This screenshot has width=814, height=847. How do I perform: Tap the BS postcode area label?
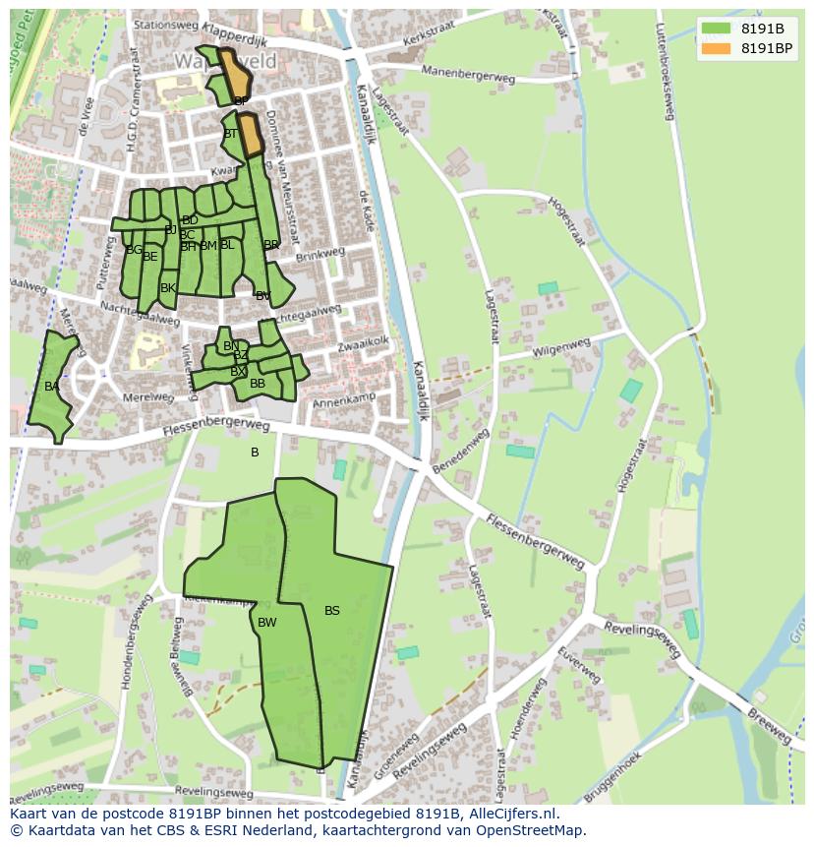tap(332, 611)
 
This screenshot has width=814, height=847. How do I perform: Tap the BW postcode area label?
tap(267, 623)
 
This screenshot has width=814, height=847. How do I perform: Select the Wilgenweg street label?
tap(561, 348)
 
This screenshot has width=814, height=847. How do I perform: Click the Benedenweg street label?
tap(461, 452)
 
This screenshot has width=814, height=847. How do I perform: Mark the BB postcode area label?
tap(258, 384)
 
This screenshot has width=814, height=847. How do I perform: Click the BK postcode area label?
tap(168, 288)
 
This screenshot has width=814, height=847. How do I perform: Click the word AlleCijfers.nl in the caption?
tap(511, 815)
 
